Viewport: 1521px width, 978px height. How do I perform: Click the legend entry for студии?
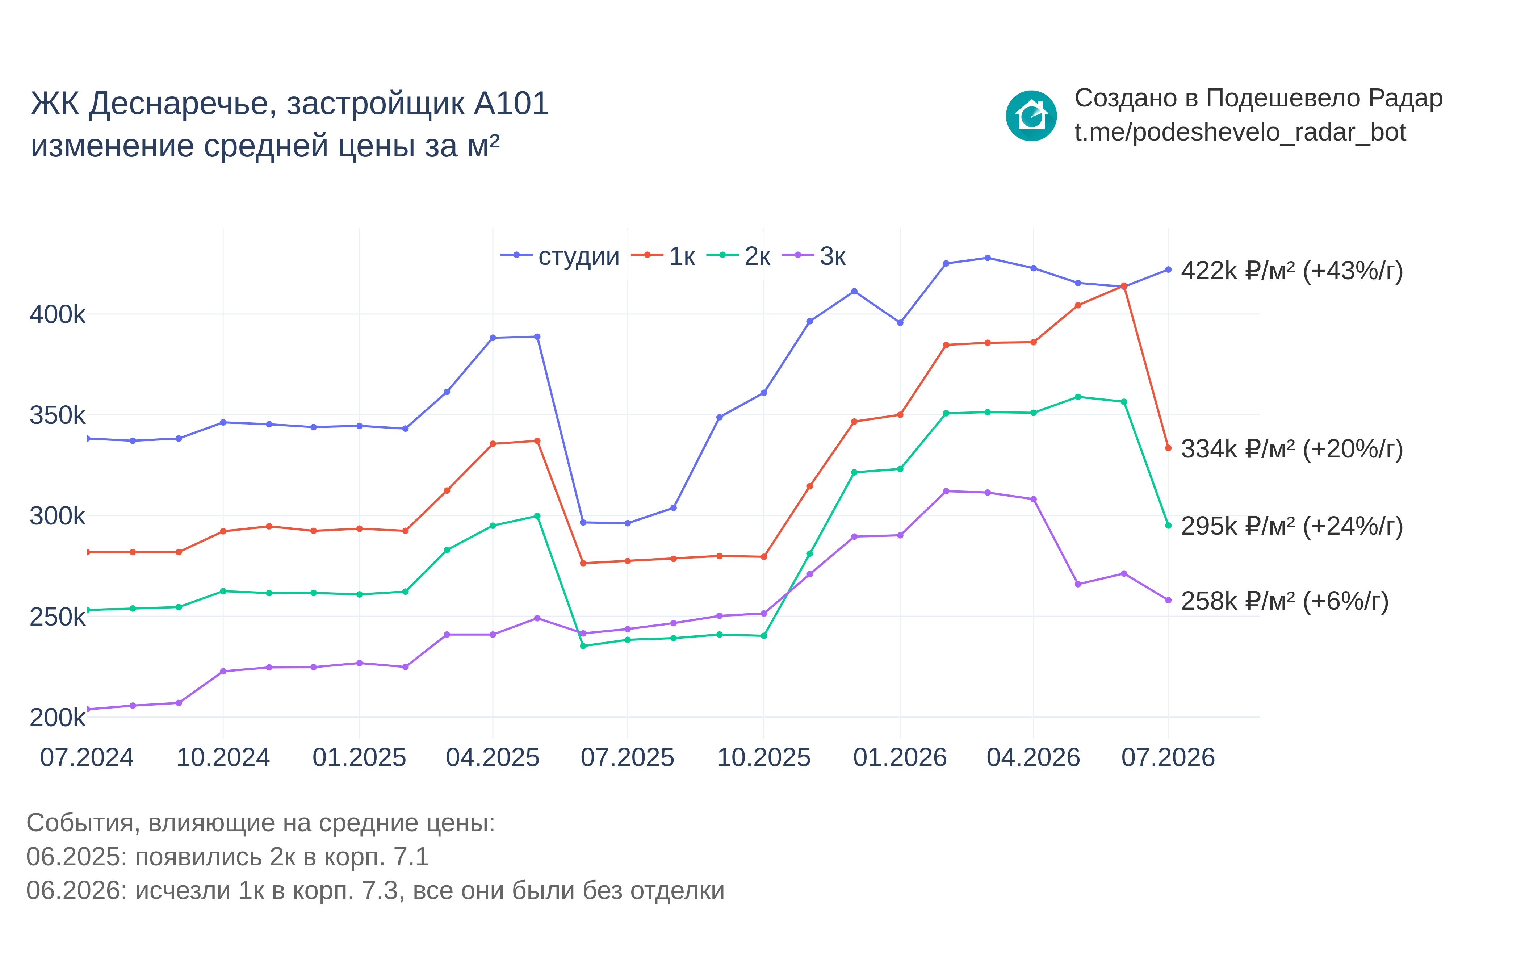tap(560, 256)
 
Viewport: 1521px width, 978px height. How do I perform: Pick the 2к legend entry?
tap(738, 256)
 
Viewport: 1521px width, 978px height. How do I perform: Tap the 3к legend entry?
tap(814, 256)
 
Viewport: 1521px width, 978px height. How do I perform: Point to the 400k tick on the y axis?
tap(57, 314)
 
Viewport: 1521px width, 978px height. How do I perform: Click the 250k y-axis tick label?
tap(57, 617)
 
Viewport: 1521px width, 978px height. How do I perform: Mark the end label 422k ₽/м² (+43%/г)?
tap(1292, 271)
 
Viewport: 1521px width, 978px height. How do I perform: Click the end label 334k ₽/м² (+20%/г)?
tap(1292, 449)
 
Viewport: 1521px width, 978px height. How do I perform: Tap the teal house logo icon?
tap(1031, 116)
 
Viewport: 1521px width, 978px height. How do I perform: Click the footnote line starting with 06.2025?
tap(227, 857)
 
